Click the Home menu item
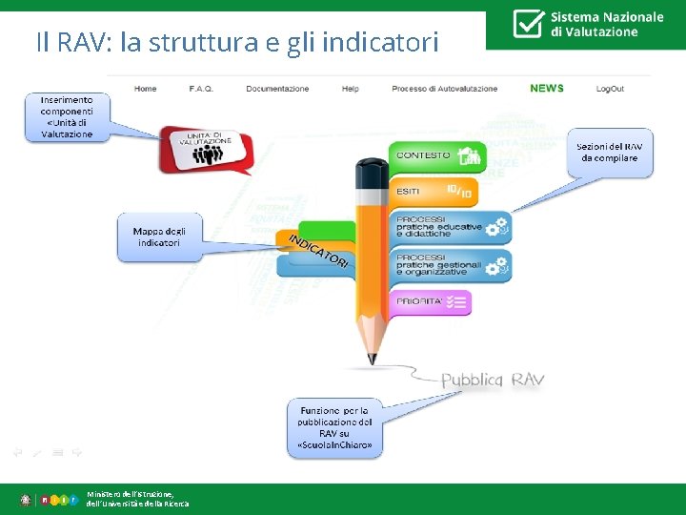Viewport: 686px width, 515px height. [146, 89]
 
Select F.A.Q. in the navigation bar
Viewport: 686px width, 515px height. [201, 89]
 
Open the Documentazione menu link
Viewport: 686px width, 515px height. [277, 89]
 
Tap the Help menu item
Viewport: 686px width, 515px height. [350, 89]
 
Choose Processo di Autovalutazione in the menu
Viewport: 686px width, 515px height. [444, 89]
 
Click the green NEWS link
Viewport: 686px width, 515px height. [547, 88]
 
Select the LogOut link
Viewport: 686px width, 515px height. [610, 89]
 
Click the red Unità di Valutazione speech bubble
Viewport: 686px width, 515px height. [208, 149]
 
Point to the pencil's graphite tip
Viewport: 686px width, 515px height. [373, 360]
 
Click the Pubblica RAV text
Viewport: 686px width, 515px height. [493, 380]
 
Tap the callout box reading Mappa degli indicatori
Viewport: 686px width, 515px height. [159, 237]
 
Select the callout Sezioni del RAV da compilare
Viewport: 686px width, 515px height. [609, 153]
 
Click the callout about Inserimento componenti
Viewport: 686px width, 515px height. [67, 116]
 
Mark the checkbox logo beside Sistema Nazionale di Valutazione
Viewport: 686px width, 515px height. [529, 24]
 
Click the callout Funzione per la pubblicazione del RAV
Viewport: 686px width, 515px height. [334, 427]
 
